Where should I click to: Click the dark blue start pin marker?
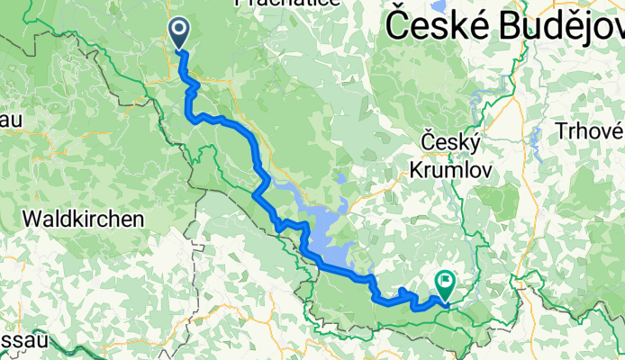tap(179, 33)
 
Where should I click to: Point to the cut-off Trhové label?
tap(589, 133)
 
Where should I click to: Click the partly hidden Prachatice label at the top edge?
tap(274, 4)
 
